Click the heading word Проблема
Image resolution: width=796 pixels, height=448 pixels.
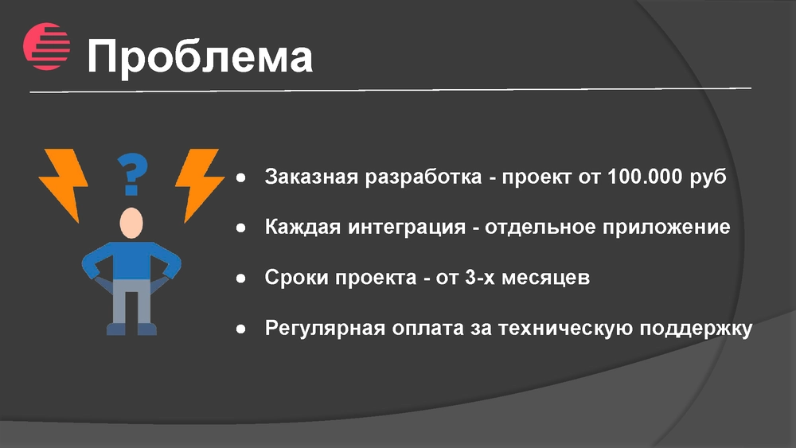click(200, 56)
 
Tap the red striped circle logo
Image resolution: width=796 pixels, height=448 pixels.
click(46, 46)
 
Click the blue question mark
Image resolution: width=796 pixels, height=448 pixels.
click(132, 174)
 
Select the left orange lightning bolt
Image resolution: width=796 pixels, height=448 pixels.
click(64, 185)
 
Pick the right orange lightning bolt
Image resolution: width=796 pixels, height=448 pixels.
click(200, 185)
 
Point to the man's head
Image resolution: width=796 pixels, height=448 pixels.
click(131, 224)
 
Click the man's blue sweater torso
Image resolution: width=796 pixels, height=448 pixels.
click(131, 260)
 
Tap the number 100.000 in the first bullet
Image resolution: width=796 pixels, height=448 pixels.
click(645, 177)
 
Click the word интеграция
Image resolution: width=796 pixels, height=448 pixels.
click(407, 227)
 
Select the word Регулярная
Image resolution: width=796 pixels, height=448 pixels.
click(325, 329)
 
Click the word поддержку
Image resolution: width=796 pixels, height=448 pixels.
click(696, 329)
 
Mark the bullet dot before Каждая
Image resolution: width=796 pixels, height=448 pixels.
click(240, 228)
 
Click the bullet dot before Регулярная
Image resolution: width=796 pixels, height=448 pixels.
click(240, 329)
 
